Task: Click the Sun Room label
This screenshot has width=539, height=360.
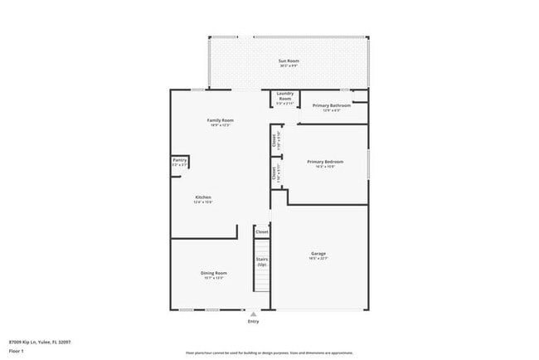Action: [288, 61]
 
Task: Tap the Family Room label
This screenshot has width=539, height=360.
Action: [220, 120]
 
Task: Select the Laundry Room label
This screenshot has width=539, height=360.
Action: [284, 95]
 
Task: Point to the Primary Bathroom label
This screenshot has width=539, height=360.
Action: [332, 105]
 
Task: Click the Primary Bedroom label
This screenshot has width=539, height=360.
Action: [325, 161]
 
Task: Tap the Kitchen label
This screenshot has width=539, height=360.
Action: [203, 197]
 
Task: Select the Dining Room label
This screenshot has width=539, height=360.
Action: [214, 273]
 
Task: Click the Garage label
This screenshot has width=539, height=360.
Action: [318, 254]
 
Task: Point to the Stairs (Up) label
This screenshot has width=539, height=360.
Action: [262, 261]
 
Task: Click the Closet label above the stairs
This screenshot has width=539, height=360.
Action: [262, 231]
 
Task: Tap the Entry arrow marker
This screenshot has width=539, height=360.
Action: [253, 314]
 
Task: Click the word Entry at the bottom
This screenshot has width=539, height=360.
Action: [253, 321]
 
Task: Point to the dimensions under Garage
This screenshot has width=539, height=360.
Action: [318, 259]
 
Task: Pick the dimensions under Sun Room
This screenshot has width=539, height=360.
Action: [288, 66]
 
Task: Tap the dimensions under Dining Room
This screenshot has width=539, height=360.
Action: [214, 278]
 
